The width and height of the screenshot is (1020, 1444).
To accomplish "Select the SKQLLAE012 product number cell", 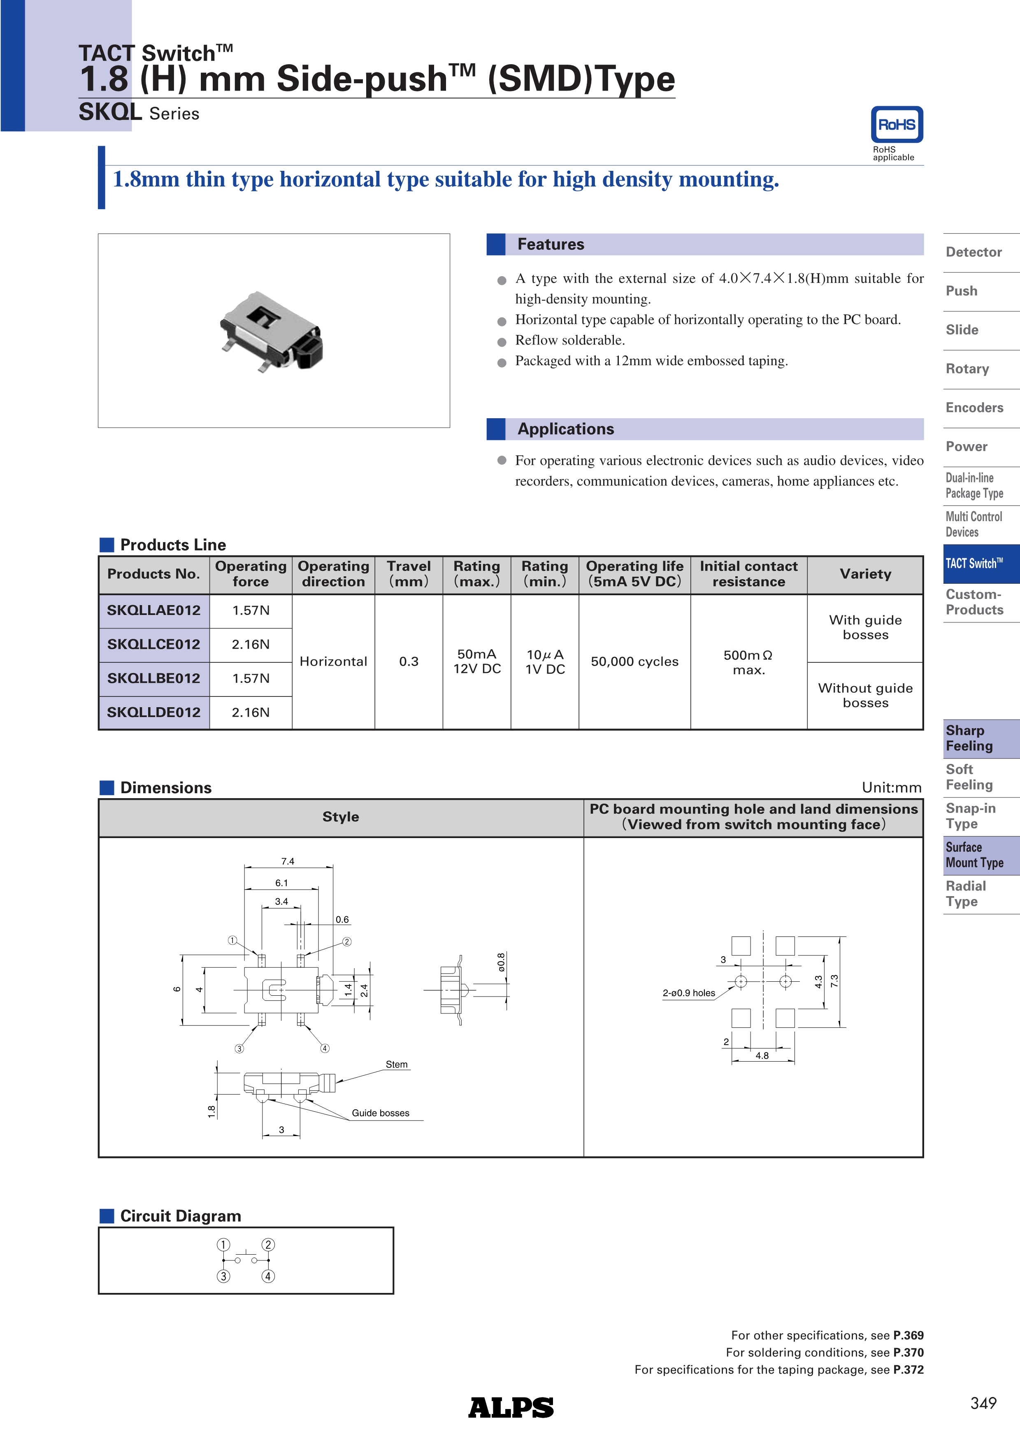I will click(x=154, y=611).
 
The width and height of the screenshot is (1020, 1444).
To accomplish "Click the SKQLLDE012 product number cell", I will click(x=154, y=713).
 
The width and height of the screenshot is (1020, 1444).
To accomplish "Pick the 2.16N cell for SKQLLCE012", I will click(x=251, y=645).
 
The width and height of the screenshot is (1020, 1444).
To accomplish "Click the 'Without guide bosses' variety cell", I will click(x=865, y=696).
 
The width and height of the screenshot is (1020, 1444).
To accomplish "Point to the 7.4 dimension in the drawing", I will click(x=288, y=861).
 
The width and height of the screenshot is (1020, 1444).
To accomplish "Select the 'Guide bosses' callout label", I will click(x=380, y=1113).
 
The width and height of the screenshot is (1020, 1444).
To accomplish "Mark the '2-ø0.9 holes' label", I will click(x=688, y=993).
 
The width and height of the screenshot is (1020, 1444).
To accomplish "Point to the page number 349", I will click(x=983, y=1403).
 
